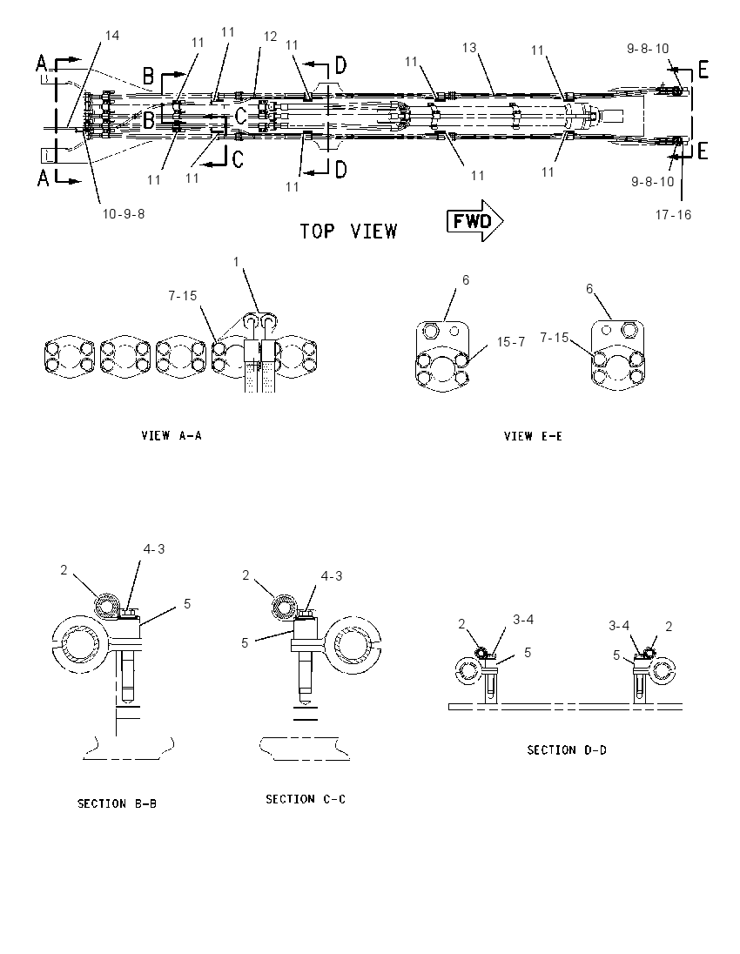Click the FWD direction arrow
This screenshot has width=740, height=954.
(x=474, y=220)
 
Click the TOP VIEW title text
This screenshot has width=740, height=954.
(x=349, y=232)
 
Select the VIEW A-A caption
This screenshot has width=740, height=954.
(x=172, y=435)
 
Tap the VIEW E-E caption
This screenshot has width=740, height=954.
(x=533, y=436)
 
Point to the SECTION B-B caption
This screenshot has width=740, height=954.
(x=117, y=803)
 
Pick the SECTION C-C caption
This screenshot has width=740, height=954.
(x=306, y=799)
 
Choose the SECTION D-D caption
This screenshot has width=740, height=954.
(x=567, y=750)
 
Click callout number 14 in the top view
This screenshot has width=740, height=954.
(x=112, y=36)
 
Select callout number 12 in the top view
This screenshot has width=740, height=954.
(x=270, y=37)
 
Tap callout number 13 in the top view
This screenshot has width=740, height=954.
(x=469, y=48)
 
